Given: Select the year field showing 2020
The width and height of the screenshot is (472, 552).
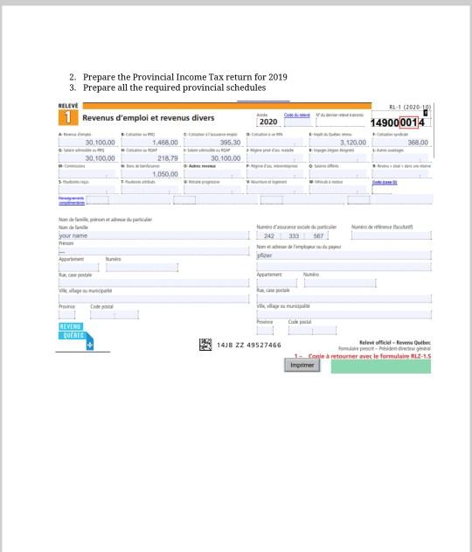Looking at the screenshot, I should [268, 122].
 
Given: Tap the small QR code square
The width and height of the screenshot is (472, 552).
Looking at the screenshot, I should [205, 344].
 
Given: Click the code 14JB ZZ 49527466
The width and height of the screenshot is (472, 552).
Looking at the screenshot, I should [248, 345].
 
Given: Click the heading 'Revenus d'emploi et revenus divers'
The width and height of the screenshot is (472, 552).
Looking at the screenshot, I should [148, 118].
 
